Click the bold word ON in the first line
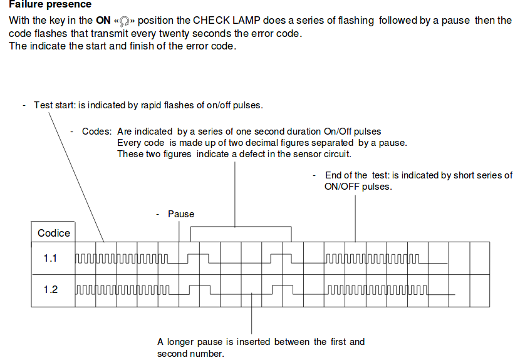pos(103,20)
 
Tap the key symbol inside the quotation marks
pos(123,21)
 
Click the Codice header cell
pos(54,233)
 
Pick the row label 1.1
pos(50,258)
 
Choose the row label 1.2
pos(50,290)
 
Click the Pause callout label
pos(181,214)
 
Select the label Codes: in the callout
pos(97,131)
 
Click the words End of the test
pos(357,175)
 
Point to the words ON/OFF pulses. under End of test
pos(358,187)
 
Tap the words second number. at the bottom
pos(190,354)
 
